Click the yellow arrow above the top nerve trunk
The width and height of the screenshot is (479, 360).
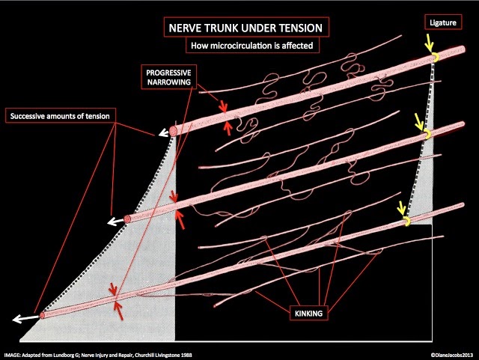(x=429, y=39)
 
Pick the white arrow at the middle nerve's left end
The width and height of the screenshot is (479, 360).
(x=114, y=222)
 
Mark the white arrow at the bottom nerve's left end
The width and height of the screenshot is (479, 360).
(x=21, y=319)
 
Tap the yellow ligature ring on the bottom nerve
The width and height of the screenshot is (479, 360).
(x=406, y=222)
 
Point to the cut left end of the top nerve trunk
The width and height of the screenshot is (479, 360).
(x=174, y=131)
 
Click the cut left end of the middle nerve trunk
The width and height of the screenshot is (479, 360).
(x=127, y=219)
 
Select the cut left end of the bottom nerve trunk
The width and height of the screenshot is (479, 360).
(x=42, y=315)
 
